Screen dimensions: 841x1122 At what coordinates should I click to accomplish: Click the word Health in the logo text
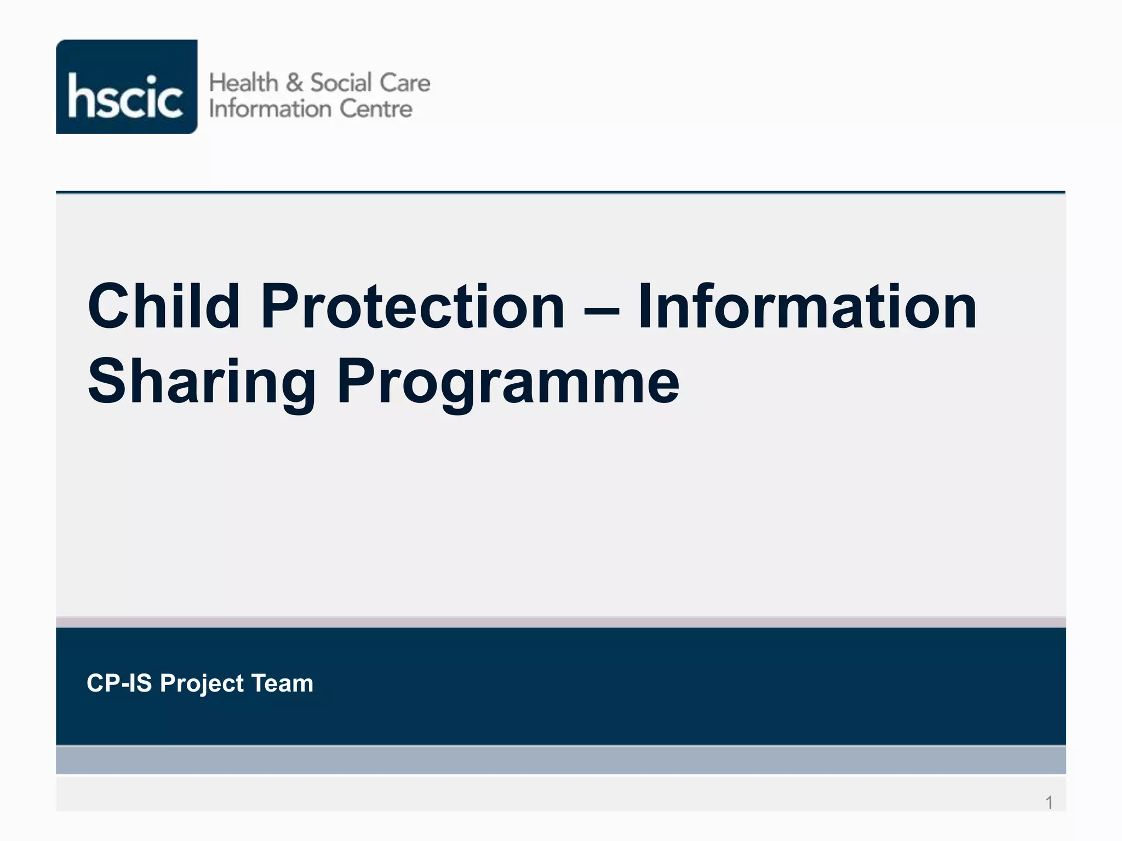[x=244, y=83]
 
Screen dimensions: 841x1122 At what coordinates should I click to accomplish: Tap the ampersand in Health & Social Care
[x=294, y=83]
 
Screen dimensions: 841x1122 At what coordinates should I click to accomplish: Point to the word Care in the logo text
[x=405, y=83]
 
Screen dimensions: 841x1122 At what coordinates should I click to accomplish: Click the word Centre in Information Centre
[x=376, y=109]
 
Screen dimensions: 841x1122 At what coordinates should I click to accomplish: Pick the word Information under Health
[x=270, y=109]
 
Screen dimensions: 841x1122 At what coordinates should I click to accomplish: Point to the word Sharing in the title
[x=202, y=382]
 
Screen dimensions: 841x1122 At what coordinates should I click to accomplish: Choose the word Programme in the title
[x=508, y=382]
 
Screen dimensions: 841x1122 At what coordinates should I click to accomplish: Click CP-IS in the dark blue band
[x=119, y=683]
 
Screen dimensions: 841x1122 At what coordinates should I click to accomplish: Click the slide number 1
[x=1049, y=803]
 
